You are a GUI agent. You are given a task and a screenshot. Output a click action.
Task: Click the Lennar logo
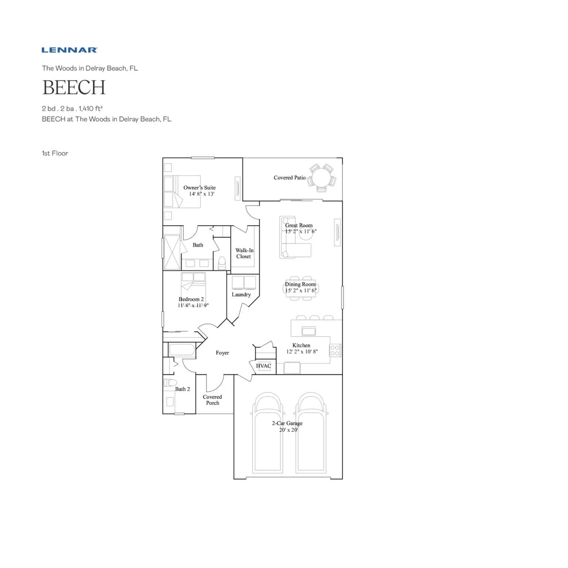[70, 50]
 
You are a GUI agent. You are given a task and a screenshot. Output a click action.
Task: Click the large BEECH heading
[74, 88]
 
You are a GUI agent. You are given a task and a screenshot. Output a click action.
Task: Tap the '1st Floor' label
[55, 153]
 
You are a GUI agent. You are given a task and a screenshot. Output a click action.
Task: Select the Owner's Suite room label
[200, 187]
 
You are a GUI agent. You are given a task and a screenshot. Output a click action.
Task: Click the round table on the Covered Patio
[322, 178]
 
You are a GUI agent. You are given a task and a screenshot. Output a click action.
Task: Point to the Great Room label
[299, 225]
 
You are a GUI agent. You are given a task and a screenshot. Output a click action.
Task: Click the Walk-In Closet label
[244, 253]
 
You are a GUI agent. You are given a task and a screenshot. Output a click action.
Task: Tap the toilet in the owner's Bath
[222, 263]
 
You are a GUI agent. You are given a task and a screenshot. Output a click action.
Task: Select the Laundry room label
[241, 294]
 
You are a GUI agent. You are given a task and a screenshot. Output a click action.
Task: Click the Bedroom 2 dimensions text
[193, 305]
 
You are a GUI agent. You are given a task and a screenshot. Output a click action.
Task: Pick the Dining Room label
[300, 284]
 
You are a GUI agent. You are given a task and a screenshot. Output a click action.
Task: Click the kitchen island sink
[309, 331]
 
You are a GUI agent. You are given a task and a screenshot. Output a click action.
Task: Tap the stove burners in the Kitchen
[335, 351]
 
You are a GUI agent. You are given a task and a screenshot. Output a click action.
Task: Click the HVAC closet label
[264, 366]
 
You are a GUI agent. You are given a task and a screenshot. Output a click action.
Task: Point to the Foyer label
[222, 353]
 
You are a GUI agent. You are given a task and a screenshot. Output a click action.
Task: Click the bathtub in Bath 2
[182, 350]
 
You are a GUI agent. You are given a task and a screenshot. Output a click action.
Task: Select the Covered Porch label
[212, 400]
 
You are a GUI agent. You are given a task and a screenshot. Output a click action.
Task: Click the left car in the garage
[268, 433]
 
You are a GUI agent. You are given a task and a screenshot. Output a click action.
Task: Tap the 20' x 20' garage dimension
[288, 430]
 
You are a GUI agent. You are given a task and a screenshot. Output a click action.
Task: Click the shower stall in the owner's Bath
[172, 252]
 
